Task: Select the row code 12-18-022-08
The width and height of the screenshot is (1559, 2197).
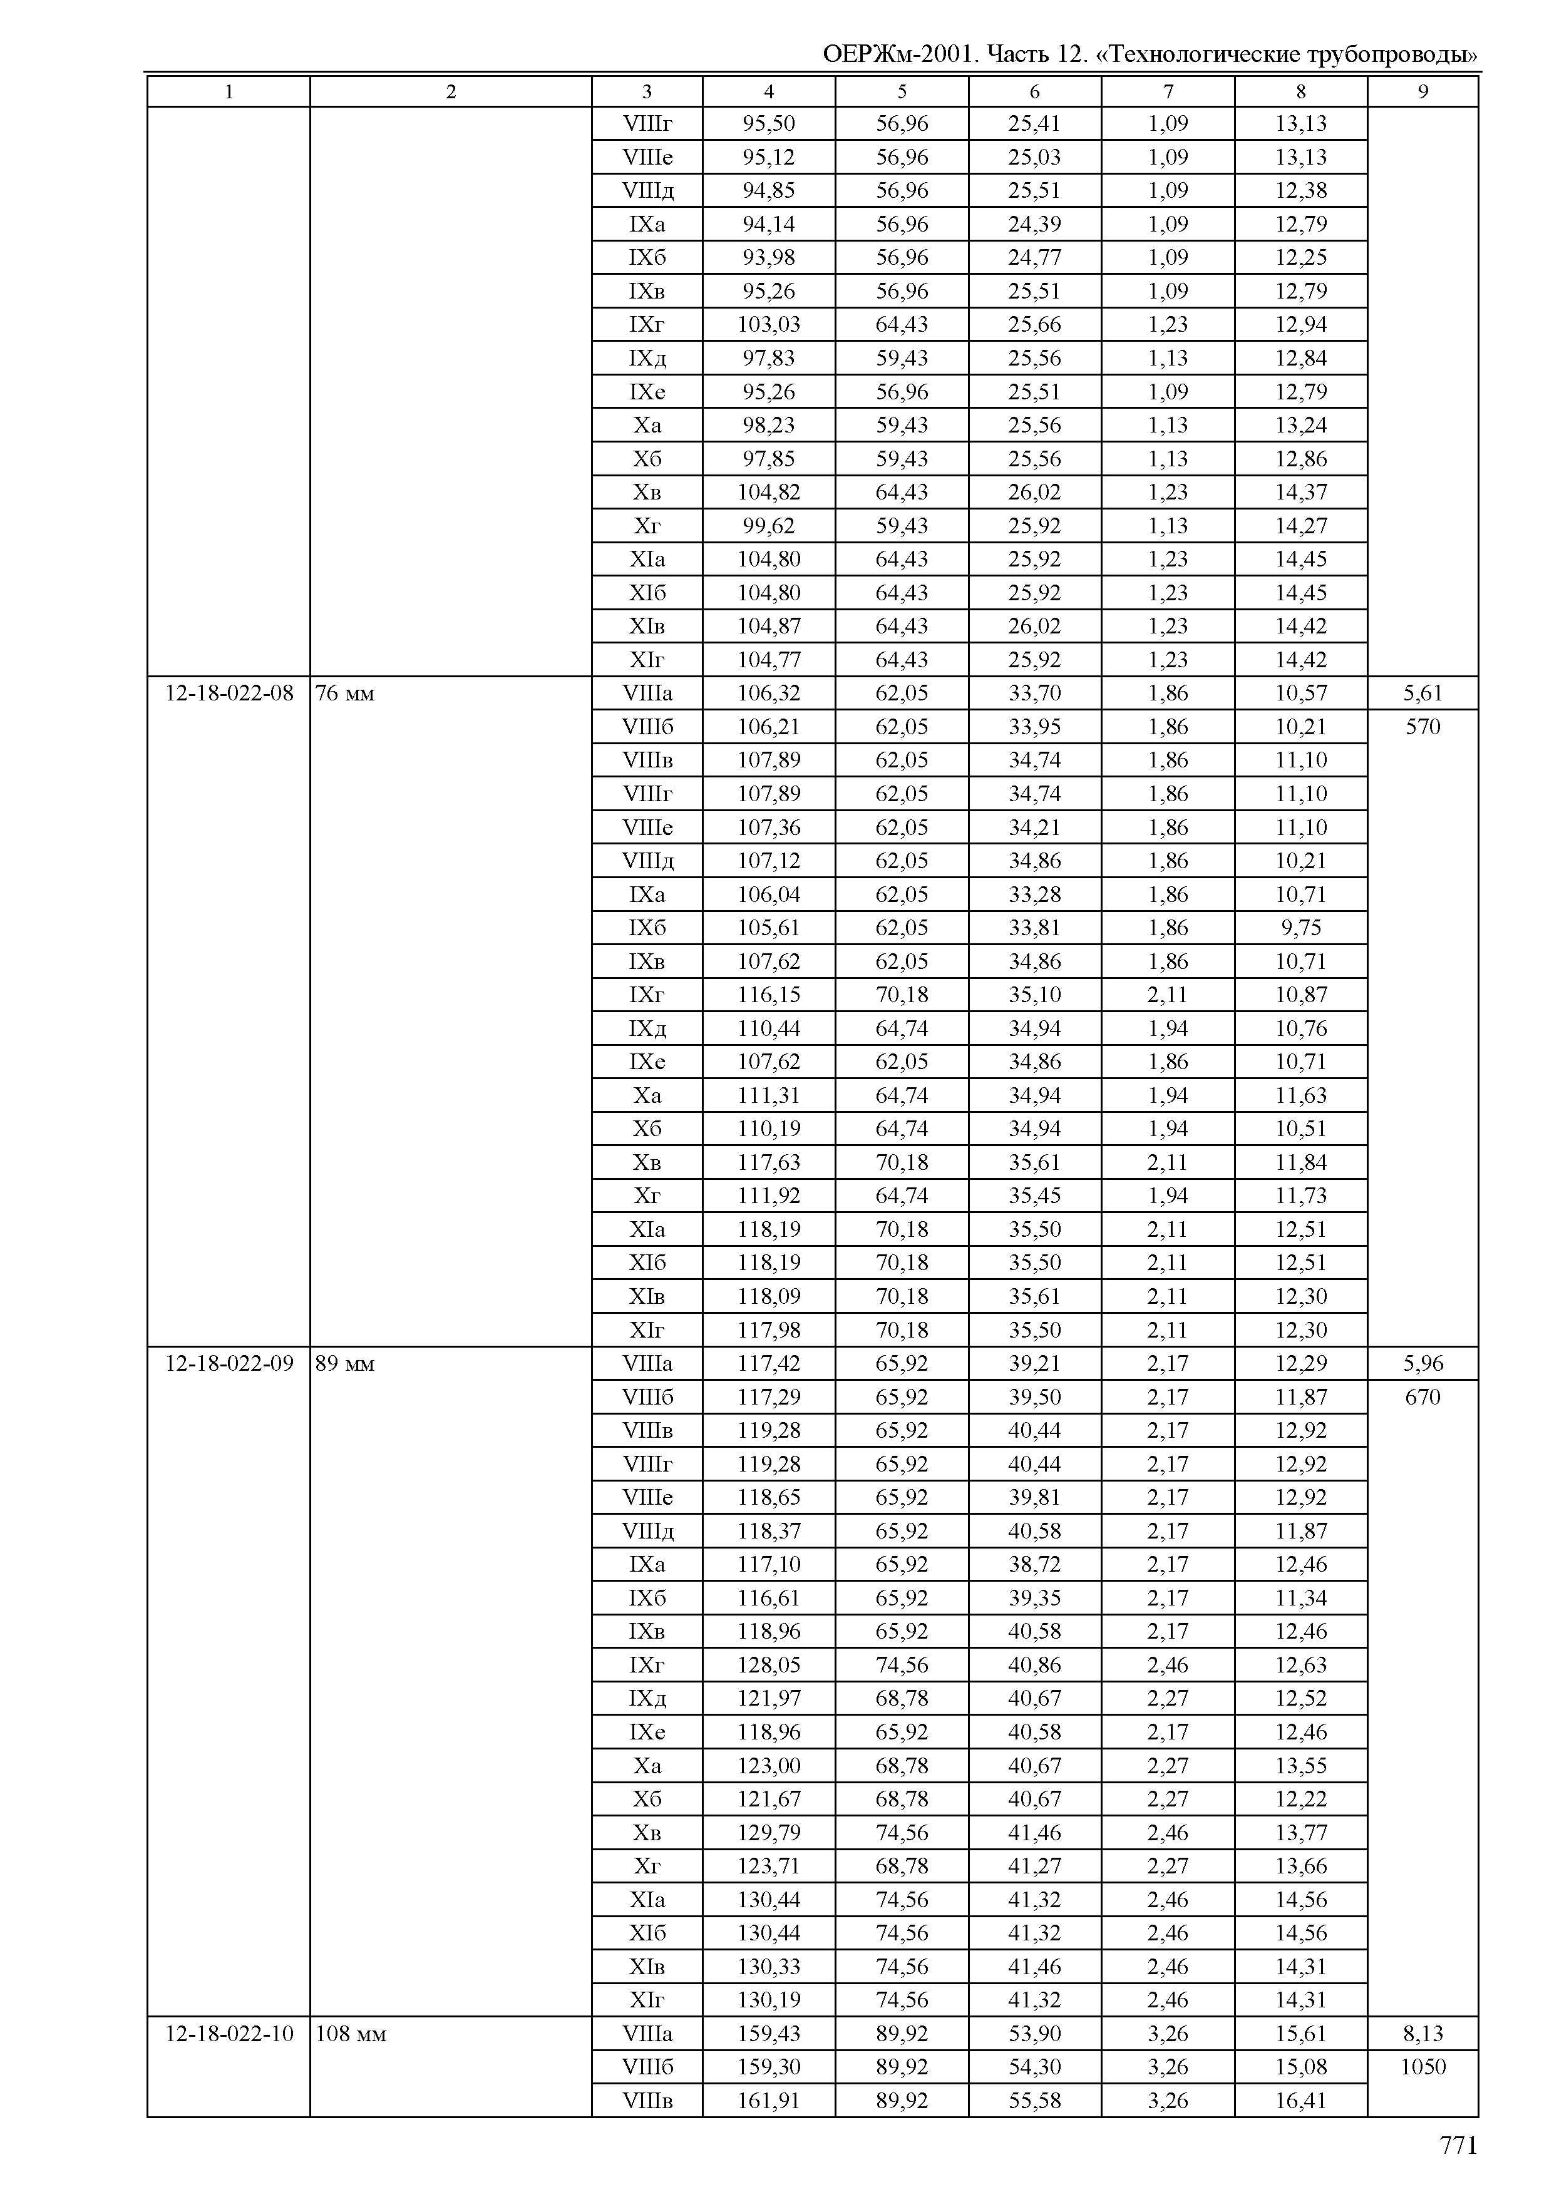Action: [x=229, y=693]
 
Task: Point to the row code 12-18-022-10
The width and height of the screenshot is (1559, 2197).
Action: [x=229, y=2034]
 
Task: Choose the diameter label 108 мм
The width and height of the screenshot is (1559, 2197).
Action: [x=351, y=2034]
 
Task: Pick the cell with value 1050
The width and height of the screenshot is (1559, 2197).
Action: [x=1423, y=2066]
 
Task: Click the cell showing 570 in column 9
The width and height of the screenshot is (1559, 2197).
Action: [x=1423, y=727]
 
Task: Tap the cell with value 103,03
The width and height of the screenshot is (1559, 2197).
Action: [x=768, y=324]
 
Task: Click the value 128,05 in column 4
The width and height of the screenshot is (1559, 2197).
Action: [x=768, y=1664]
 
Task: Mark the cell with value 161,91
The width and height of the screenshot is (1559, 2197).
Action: [x=768, y=2100]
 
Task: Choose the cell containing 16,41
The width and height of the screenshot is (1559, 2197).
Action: [x=1301, y=2100]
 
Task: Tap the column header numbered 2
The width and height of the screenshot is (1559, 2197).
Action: [x=450, y=91]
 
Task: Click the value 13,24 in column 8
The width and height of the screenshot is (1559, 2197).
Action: [x=1301, y=425]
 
